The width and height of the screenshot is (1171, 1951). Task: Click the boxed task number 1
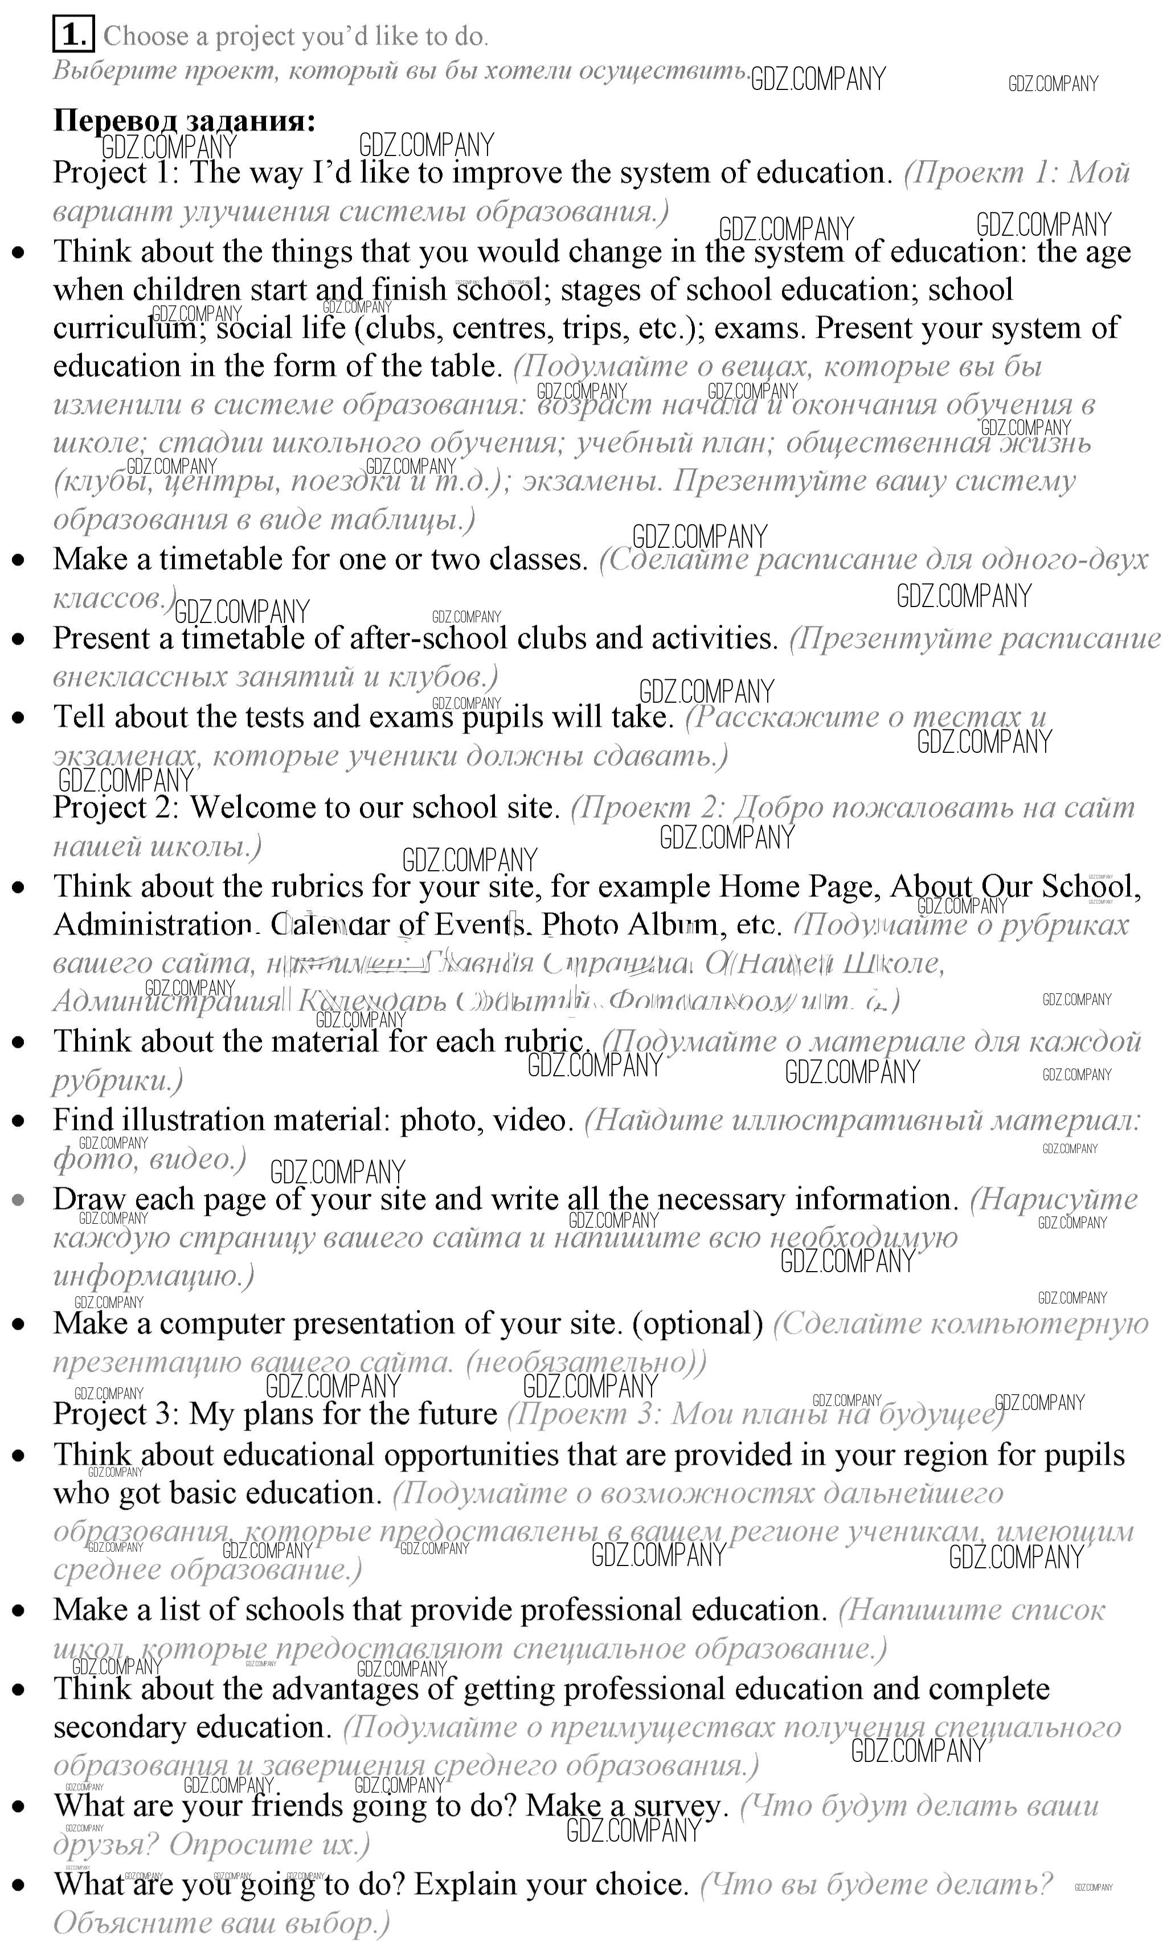pos(73,35)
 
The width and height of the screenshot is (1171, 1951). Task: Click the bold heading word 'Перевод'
pos(115,120)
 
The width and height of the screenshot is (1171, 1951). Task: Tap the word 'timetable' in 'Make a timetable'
pos(221,559)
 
